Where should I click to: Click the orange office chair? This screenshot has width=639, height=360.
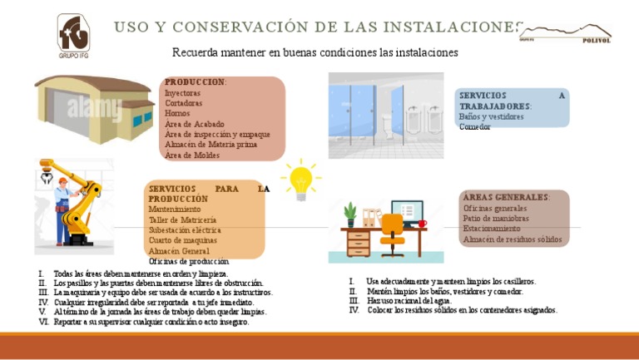point(392,234)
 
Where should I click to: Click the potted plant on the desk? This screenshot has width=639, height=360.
point(350,215)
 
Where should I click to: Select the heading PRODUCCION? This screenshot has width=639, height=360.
point(195,82)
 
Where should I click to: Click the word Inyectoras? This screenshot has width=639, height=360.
point(183,93)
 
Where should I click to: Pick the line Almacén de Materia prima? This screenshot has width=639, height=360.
point(211,144)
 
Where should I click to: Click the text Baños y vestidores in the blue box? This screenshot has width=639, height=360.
point(491,117)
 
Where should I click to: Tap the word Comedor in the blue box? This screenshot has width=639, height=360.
point(475,127)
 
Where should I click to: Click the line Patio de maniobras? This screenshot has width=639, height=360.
point(496,218)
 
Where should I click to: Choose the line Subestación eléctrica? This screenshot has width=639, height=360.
point(185,229)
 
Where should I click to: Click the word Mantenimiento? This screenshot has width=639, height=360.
point(175,210)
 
